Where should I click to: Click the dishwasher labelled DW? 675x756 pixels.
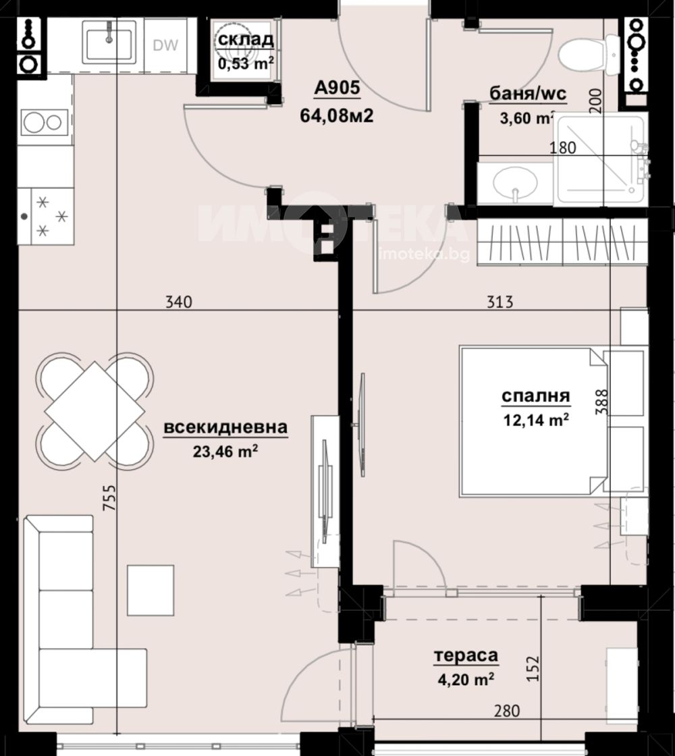coord(165,45)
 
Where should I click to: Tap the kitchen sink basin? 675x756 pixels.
coord(109,44)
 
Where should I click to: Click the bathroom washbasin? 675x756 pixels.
coord(515,184)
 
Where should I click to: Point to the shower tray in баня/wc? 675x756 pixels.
coord(601,159)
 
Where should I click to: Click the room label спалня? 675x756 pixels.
coord(536,396)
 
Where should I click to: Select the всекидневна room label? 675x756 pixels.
coord(225,427)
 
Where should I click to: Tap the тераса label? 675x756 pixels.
coord(466,655)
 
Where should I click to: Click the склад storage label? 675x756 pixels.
coord(246,40)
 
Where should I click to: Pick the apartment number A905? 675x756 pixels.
coord(337,88)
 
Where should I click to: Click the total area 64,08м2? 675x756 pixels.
coord(337,115)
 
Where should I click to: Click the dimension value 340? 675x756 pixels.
coord(178,302)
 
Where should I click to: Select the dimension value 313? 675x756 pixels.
coord(500,302)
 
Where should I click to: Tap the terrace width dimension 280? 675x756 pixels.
coord(507,711)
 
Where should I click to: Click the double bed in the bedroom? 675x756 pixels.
coord(533,421)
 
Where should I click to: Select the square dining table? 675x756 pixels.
coord(94,411)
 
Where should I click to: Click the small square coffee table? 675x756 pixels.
coord(151,590)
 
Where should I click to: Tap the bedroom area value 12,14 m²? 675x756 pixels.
coord(536,420)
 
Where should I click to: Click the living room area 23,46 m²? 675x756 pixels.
coord(225,452)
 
